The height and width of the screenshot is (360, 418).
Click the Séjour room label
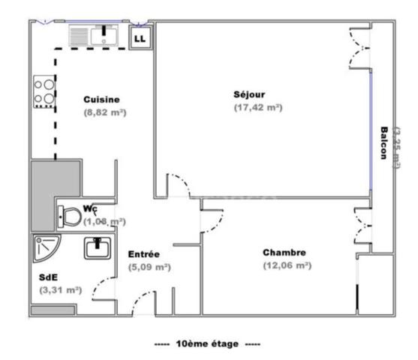coord(249,94)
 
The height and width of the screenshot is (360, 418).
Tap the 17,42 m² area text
coord(257,108)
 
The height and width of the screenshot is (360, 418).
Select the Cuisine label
coord(101,100)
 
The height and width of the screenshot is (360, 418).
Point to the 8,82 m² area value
coord(104,112)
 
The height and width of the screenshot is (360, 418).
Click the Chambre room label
coord(284,252)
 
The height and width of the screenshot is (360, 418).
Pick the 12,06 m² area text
coord(287,265)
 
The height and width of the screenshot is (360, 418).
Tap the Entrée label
coord(144,253)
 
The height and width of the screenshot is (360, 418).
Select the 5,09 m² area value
coord(149,266)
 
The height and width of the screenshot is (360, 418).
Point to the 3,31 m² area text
coord(60,289)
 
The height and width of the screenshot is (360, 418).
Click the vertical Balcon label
coord(383,142)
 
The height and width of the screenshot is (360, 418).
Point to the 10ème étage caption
coord(206,343)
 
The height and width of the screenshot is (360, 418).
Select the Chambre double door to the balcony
coord(362,222)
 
